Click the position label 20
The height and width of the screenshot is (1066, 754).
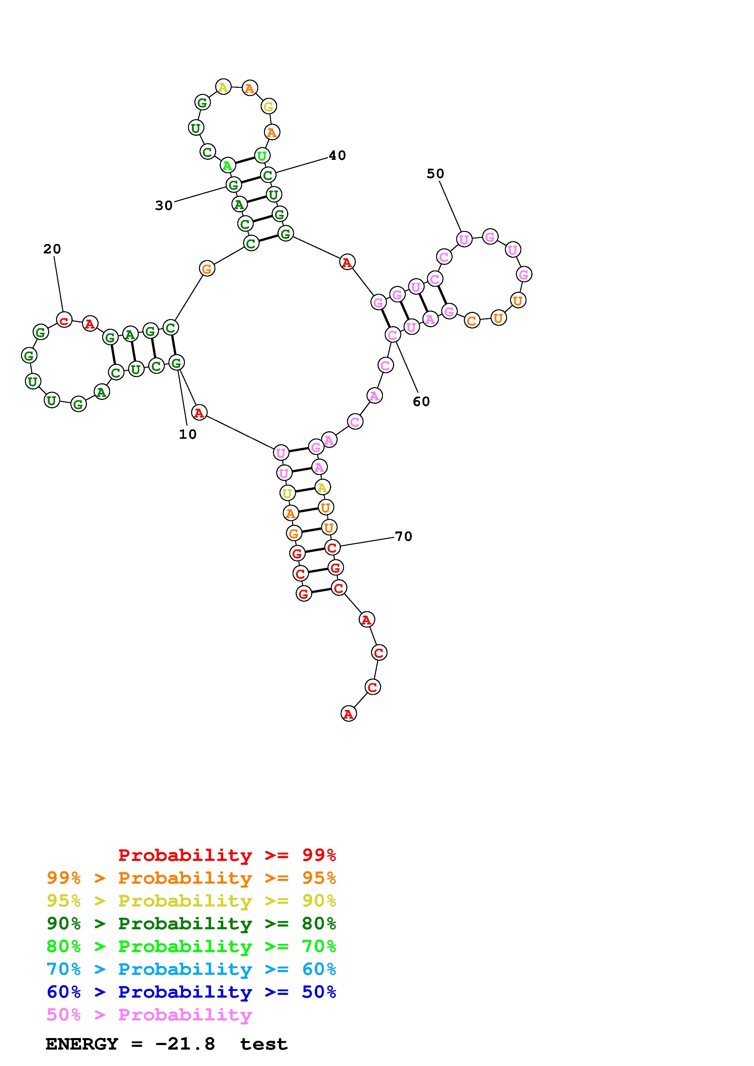(x=52, y=249)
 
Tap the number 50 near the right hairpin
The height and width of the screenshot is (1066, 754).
(x=435, y=174)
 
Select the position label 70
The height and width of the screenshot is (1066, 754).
(x=404, y=537)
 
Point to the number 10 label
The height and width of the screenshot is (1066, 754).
(x=188, y=435)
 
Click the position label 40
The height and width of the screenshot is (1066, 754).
(x=337, y=156)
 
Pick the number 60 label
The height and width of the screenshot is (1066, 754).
(x=421, y=402)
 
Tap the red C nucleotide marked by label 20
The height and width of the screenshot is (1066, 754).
(x=64, y=320)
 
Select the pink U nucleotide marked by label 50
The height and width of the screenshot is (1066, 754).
(x=464, y=239)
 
